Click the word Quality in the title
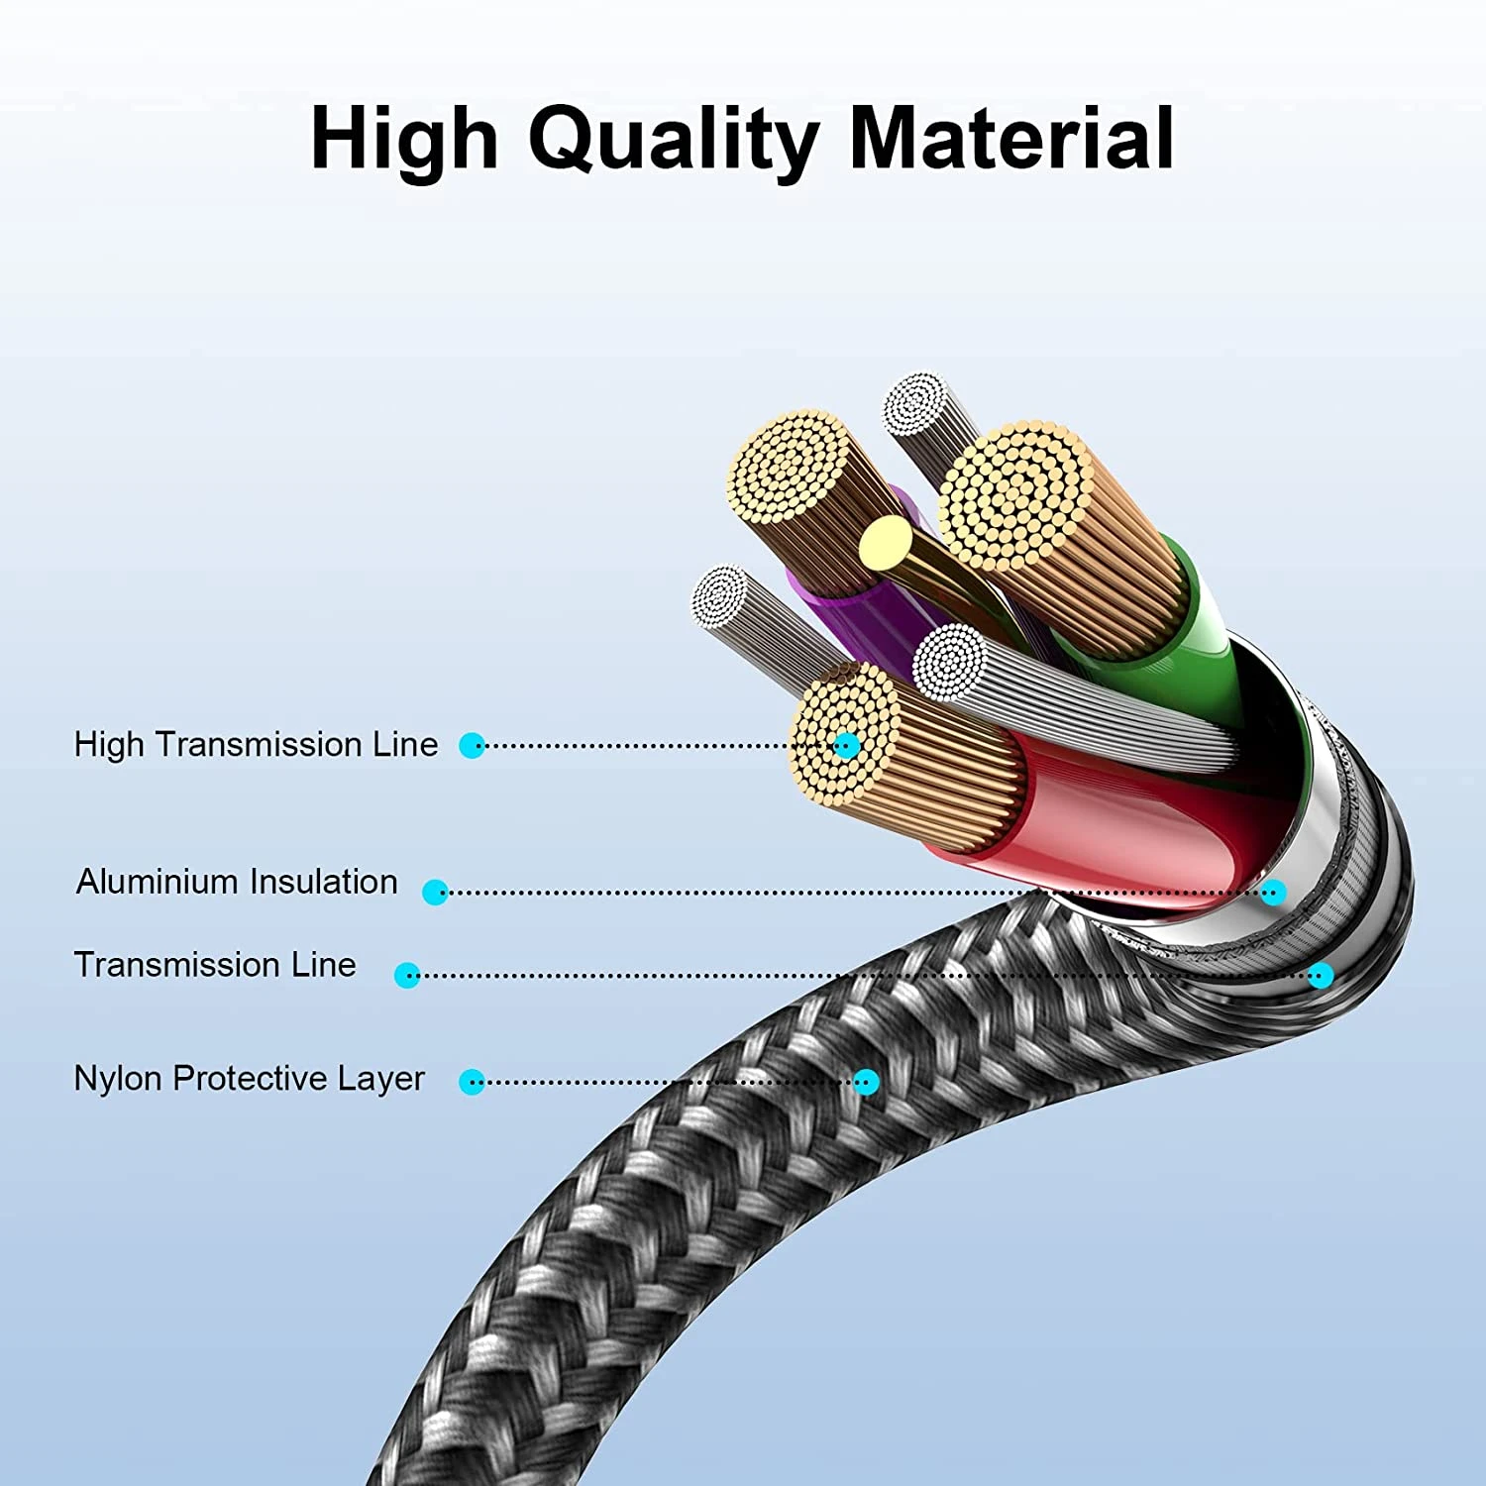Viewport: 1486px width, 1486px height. coord(673,140)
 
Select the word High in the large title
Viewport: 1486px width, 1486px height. coord(404,140)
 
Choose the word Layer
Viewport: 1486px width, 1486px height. coord(380,1078)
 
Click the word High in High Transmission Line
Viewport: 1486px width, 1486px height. coord(109,744)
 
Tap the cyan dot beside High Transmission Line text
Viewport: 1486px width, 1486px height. coord(473,746)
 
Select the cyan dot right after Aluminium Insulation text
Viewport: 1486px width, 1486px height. coord(435,892)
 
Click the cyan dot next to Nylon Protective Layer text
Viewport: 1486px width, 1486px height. coord(473,1082)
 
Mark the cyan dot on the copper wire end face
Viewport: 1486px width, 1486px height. coord(846,746)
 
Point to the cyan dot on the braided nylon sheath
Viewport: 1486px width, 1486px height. coord(866,1082)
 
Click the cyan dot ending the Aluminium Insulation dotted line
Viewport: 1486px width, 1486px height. coord(1274,892)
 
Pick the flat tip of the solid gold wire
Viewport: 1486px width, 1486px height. coord(885,542)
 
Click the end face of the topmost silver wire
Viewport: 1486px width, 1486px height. coord(916,403)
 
